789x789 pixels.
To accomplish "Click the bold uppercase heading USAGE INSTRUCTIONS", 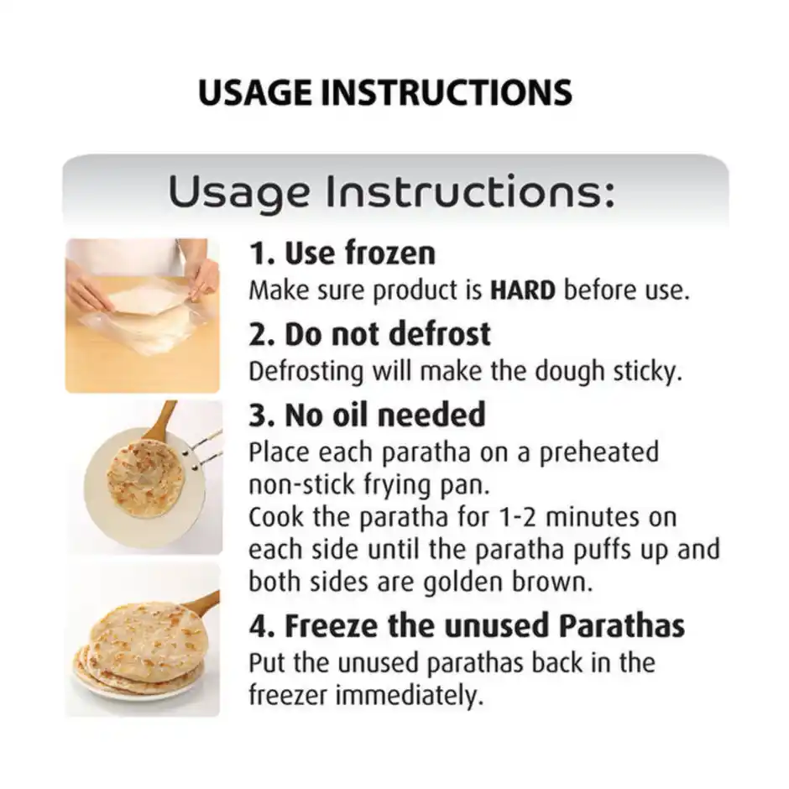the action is coord(385,92).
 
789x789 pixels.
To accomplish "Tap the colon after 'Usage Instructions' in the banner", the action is coord(609,194).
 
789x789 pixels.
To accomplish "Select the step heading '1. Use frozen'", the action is coord(342,253).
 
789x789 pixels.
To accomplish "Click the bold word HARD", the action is coord(523,290).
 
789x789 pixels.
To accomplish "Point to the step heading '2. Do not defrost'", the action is coord(370,333).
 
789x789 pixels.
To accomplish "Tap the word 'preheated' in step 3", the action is coord(598,452).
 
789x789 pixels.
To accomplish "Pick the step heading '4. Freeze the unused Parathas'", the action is coord(467,625).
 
